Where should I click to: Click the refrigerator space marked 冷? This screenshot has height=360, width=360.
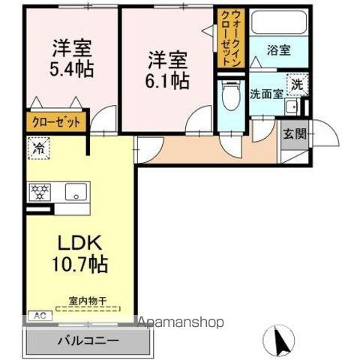click(x=37, y=148)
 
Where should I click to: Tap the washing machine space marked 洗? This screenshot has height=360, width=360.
click(x=298, y=85)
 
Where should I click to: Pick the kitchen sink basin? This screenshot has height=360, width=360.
click(x=75, y=193)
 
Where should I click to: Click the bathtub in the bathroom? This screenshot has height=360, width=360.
click(x=277, y=23)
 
